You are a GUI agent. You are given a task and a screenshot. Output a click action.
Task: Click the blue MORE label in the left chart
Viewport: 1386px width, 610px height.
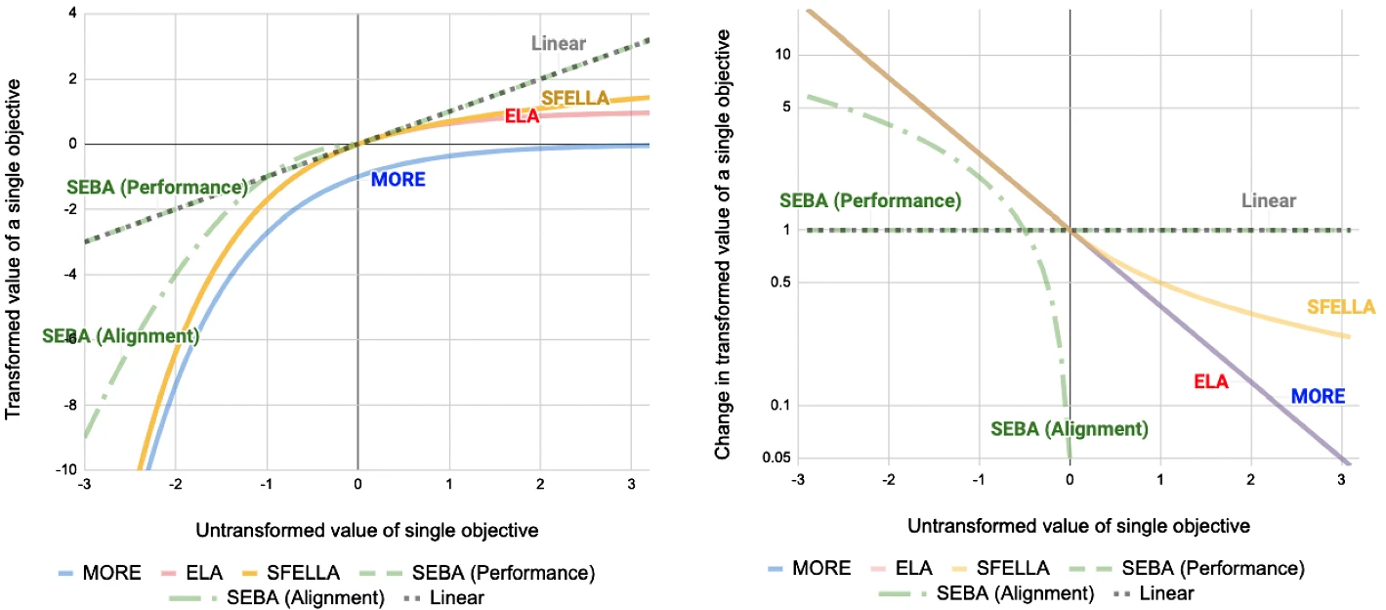coord(398,180)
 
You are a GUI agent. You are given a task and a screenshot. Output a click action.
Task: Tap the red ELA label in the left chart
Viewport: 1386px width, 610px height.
coord(522,115)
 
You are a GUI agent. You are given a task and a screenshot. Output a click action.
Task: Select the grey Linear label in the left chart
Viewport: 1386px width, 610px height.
coord(558,43)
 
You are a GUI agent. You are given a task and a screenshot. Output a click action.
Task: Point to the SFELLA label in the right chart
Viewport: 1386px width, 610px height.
coord(1341,307)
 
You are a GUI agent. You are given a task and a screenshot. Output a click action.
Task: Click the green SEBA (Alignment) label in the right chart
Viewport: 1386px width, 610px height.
coord(1070,428)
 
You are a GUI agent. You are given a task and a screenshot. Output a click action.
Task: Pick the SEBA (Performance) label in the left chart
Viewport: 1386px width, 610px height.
coord(157,187)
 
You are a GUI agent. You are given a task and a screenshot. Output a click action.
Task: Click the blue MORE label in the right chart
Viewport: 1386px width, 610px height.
coord(1318,396)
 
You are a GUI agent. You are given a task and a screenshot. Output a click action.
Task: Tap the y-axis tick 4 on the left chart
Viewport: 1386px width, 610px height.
coord(73,13)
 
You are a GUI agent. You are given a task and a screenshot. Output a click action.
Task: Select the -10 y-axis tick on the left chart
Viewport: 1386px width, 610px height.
coord(66,469)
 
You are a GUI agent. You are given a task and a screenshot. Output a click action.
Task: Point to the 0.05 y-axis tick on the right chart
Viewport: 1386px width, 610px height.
coord(777,457)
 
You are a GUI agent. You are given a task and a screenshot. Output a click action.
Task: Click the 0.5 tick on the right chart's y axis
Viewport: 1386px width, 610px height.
coord(780,282)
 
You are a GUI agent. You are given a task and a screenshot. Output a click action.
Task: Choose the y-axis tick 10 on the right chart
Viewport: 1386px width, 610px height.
coord(782,55)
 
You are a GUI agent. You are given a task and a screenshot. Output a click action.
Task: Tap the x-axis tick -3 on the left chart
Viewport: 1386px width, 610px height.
coord(84,484)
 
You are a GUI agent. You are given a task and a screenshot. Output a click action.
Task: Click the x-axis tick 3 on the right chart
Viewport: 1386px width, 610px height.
coord(1341,479)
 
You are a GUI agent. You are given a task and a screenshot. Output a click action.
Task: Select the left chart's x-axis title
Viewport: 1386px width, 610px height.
coord(367,530)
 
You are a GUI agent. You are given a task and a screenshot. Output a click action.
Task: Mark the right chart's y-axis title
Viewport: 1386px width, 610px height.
coord(722,244)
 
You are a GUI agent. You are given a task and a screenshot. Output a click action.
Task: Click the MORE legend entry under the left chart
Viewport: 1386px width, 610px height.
coord(101,572)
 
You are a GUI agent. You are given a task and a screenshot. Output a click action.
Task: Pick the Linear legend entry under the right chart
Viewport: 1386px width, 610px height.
coord(1154,593)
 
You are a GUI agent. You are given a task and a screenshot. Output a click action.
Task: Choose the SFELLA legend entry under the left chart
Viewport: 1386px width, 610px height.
coord(291,572)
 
